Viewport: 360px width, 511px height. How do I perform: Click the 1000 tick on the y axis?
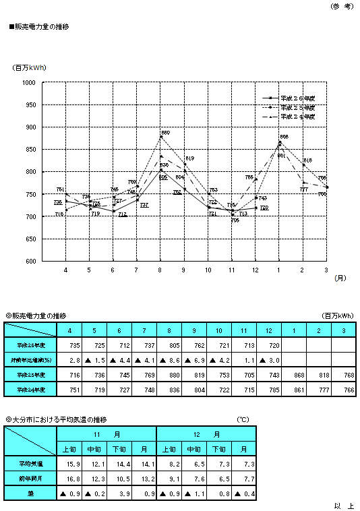(29, 83)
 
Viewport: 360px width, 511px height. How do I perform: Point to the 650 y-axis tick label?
(30, 239)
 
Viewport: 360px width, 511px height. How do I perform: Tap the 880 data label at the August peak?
(166, 133)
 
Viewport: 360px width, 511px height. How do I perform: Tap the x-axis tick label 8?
(160, 270)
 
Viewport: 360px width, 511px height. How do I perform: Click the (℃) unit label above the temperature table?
(243, 419)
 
